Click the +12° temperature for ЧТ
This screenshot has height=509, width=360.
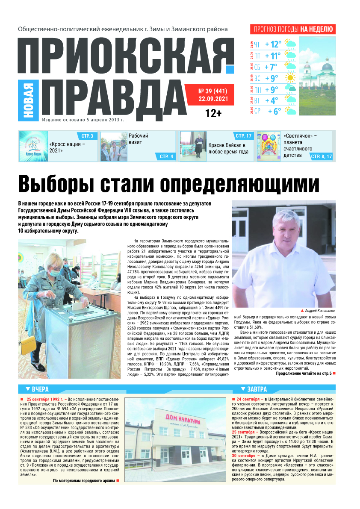pyautogui.click(x=273, y=44)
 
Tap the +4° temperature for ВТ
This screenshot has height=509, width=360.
pyautogui.click(x=271, y=101)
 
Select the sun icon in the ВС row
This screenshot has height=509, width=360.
pyautogui.click(x=291, y=78)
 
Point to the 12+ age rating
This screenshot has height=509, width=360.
pyautogui.click(x=213, y=114)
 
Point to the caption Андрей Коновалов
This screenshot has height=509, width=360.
pyautogui.click(x=318, y=311)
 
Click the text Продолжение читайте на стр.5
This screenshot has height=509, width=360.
pyautogui.click(x=303, y=373)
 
